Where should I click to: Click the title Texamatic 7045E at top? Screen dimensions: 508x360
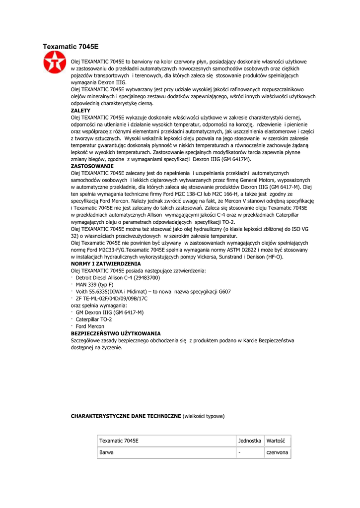[x=71, y=47]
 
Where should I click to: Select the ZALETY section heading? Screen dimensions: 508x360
[x=81, y=110]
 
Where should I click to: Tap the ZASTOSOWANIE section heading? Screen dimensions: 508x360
[x=92, y=166]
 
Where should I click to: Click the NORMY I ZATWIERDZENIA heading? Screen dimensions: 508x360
[x=106, y=264]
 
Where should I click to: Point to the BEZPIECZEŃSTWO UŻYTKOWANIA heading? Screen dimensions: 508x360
[x=116, y=333]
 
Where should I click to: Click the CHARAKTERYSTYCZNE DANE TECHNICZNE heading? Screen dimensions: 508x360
[x=126, y=416]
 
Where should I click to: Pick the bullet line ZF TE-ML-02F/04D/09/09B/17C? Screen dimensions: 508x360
[x=112, y=299]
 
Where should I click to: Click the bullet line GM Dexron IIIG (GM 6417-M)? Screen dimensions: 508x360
[x=110, y=313]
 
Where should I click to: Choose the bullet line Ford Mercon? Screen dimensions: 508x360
[x=90, y=326]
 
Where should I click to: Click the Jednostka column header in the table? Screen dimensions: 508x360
[x=250, y=441]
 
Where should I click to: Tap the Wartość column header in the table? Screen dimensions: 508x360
[x=275, y=441]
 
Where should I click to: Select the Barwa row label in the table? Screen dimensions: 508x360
[x=106, y=452]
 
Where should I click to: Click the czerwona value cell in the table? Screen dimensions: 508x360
[x=277, y=452]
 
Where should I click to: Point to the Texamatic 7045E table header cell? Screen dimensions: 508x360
[x=119, y=441]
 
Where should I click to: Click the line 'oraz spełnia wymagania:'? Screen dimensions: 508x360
[x=99, y=306]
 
